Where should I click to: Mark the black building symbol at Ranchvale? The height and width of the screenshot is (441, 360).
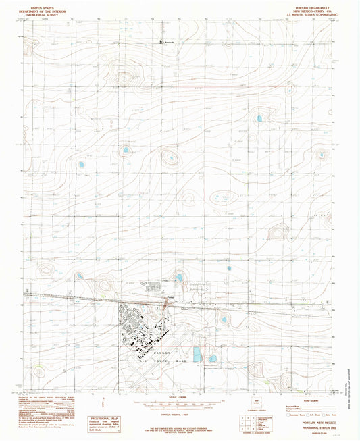[x=161, y=42]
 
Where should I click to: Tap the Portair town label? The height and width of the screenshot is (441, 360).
[x=171, y=298]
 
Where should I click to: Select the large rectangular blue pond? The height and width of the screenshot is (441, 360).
[x=197, y=354]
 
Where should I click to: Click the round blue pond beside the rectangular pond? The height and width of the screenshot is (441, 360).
[x=212, y=358]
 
